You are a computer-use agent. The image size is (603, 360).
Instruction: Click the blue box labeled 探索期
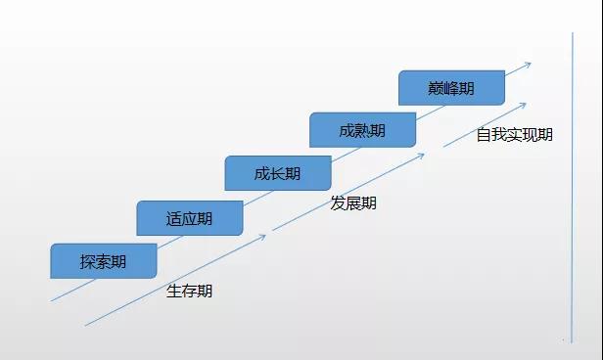tap(104, 261)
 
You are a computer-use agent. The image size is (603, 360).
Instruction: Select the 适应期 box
tap(189, 218)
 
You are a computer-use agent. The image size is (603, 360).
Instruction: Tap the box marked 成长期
tap(277, 174)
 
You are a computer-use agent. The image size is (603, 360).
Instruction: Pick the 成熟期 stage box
tap(361, 131)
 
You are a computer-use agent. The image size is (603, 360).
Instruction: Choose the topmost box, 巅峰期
tap(450, 88)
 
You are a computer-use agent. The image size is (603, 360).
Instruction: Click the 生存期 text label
tap(189, 291)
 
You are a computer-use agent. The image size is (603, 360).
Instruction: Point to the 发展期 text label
tap(353, 203)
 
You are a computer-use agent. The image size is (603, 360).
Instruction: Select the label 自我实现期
tap(514, 135)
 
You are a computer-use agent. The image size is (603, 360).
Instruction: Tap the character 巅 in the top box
tap(436, 88)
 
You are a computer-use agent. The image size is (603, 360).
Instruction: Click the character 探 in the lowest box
tap(88, 261)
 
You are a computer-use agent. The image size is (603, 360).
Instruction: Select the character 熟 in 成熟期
tap(361, 131)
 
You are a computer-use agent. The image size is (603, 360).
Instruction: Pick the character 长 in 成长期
tap(277, 174)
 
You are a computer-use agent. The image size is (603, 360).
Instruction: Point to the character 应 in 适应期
tap(189, 218)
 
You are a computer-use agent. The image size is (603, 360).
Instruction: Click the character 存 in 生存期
tap(189, 291)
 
